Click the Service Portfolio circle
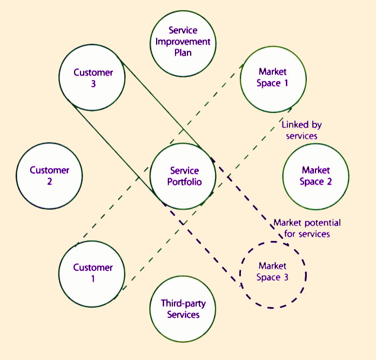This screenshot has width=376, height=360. point(183,176)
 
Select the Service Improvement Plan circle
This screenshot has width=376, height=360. point(183,42)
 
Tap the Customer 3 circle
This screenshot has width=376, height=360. point(93,78)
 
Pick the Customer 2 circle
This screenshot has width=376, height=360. point(50,176)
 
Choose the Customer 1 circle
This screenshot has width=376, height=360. point(93,273)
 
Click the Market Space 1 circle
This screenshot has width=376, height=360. point(273,78)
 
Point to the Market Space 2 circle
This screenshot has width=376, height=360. point(316,176)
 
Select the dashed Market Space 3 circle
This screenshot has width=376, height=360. point(273,274)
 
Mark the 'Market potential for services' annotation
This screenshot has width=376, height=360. point(307,228)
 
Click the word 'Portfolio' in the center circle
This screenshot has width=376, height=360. point(184,182)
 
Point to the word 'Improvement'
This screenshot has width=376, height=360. point(183,42)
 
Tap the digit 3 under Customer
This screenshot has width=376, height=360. point(93,84)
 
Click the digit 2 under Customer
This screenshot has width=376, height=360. point(50,182)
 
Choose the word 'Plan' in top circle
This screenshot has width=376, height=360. point(183,52)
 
